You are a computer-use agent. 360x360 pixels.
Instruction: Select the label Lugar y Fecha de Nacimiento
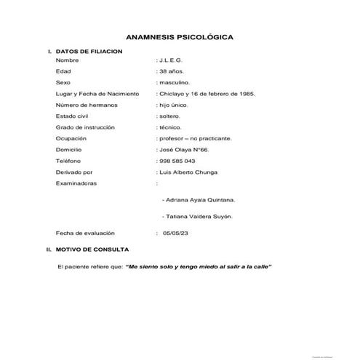coord(92,94)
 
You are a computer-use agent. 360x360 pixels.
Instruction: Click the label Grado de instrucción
coord(84,127)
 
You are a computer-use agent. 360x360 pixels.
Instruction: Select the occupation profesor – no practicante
coord(194,137)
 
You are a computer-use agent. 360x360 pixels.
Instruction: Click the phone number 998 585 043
coord(177,160)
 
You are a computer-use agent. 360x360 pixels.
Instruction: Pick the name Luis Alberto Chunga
coord(188,172)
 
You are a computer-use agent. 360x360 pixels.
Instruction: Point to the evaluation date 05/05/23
coord(176,233)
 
